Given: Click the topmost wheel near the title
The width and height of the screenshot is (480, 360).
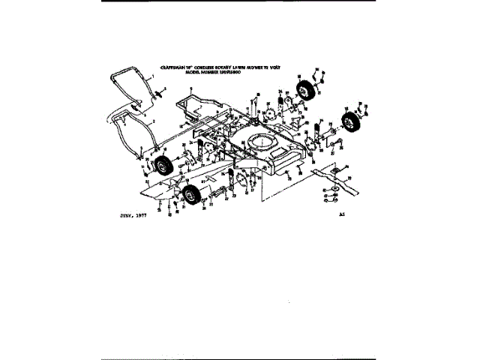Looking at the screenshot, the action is (x=305, y=91).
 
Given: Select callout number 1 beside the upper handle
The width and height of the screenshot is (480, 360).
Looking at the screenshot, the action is (x=151, y=78).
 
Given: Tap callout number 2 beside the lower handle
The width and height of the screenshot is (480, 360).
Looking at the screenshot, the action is (x=154, y=120).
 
